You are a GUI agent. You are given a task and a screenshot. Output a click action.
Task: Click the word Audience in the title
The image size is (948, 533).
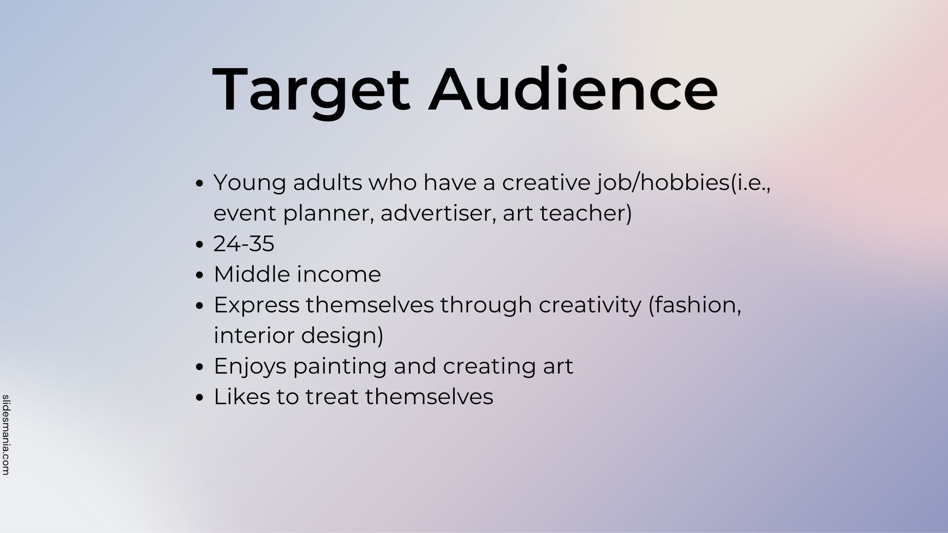coord(573,89)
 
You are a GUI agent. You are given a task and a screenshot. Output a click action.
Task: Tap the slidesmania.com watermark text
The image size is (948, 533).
coord(6,435)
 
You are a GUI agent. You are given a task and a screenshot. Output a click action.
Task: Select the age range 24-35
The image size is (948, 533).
coord(243,244)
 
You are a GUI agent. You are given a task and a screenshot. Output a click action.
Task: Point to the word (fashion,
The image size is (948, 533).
coord(695,305)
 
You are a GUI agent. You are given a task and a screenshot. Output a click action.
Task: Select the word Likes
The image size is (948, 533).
coord(242,397)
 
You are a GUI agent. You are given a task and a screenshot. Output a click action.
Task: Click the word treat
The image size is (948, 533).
coord(332,397)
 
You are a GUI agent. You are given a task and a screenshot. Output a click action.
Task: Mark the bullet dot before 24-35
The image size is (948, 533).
coord(199,245)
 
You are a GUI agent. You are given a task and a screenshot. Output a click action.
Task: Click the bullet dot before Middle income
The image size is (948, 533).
coord(199,275)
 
